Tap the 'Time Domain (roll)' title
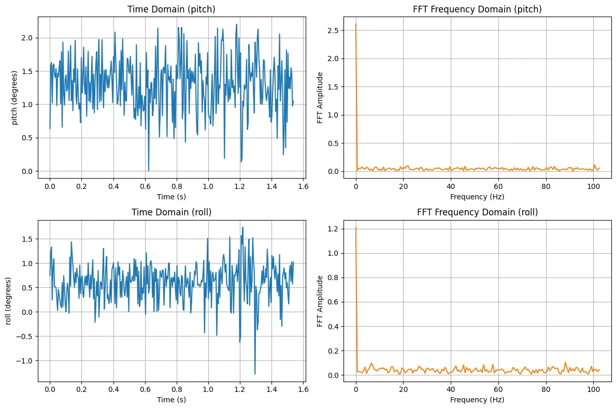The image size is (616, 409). (171, 212)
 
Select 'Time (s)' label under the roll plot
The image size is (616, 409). (171, 400)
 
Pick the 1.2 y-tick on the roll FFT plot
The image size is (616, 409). (333, 228)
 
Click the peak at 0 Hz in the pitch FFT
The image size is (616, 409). (356, 24)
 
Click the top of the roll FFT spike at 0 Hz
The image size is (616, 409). (356, 228)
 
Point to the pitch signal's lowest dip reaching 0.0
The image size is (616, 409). (149, 171)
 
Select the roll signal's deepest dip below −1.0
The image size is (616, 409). (255, 374)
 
